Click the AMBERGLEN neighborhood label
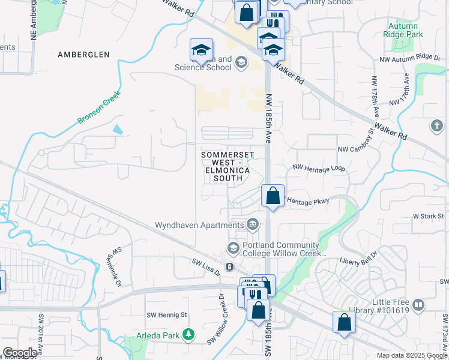coord(83,55)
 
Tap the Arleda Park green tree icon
coord(189,334)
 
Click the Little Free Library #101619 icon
coord(418,305)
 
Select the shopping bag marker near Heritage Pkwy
coord(273,196)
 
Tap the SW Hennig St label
coord(167,314)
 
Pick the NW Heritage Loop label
coord(319,170)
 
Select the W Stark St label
coord(427,215)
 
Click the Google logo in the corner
coord(20,353)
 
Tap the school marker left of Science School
coord(202,51)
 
